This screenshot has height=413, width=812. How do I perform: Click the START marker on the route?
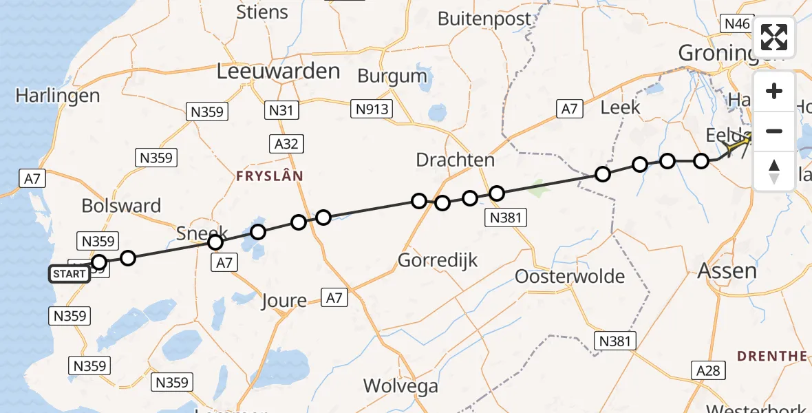pos(70,274)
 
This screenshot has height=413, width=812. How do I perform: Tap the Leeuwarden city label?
pos(278,71)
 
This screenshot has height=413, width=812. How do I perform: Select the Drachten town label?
pos(455,160)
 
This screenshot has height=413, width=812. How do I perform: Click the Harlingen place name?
pos(58,96)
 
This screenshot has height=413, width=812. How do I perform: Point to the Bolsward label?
pos(121,205)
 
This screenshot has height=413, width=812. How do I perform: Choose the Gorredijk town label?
pos(438,260)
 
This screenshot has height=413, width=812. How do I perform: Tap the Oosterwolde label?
pos(570,277)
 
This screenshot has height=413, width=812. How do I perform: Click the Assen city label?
pos(727,271)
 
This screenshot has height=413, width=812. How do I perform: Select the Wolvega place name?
pos(400,385)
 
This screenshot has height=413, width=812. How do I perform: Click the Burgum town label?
pos(392,76)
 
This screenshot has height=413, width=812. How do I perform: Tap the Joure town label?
pos(284,301)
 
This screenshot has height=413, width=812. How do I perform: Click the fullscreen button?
pos(774,37)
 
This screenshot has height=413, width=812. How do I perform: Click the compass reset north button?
pos(774,171)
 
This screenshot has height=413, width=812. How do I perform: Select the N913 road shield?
pos(372,109)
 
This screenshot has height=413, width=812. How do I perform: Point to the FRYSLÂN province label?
pos(269,176)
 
